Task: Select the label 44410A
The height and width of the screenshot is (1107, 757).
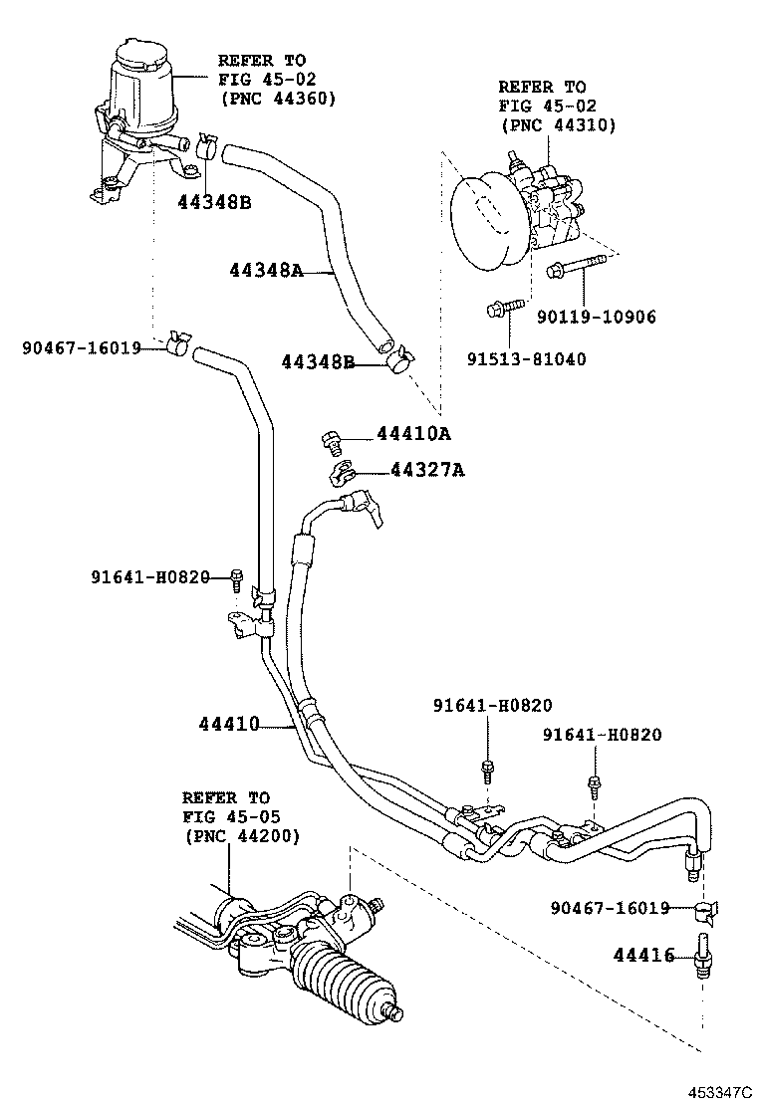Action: click(413, 434)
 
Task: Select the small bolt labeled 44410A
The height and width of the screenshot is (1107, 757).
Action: click(332, 438)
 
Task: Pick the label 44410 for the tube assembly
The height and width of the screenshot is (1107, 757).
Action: click(227, 724)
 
